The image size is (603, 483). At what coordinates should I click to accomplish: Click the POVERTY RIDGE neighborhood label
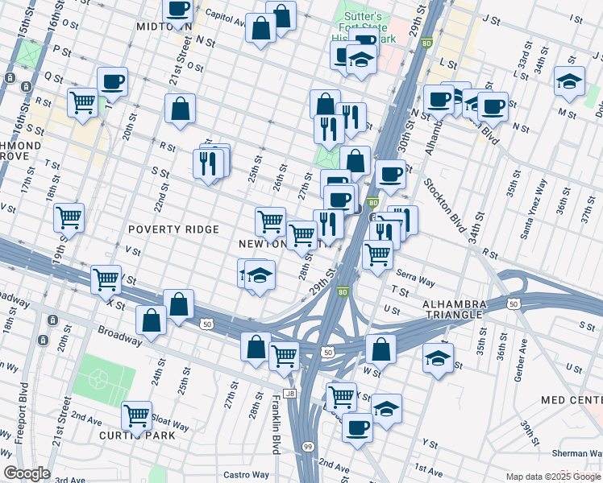[x=173, y=229]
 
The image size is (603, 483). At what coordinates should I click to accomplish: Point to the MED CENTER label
[x=572, y=399]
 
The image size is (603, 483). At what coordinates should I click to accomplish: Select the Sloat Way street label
[x=169, y=421]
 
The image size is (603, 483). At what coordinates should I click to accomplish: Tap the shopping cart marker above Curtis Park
[x=136, y=415]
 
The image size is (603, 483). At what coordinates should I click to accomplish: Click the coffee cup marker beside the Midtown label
[x=178, y=10]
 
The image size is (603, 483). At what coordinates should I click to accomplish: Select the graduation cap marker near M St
[x=569, y=81]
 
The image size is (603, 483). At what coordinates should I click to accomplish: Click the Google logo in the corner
[x=27, y=473]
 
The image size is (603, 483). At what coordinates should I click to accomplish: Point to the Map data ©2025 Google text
[x=552, y=477]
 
